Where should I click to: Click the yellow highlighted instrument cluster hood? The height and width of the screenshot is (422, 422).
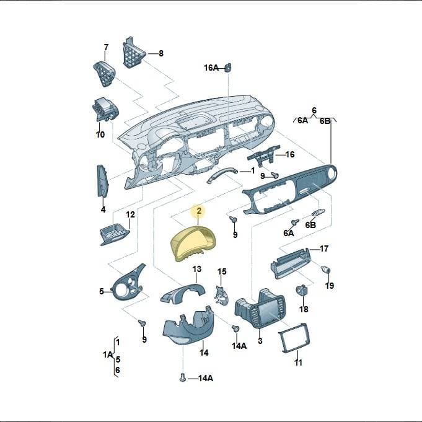[x=191, y=243]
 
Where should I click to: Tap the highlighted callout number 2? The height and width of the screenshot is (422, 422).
[x=199, y=211]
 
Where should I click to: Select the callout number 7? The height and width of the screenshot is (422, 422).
[x=106, y=47]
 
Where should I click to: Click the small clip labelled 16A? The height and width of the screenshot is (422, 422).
[x=229, y=68]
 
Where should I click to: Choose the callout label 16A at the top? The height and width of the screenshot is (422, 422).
[x=211, y=68]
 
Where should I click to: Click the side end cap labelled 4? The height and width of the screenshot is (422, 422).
[x=102, y=181]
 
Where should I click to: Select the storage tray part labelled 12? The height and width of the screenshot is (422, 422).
[x=114, y=234]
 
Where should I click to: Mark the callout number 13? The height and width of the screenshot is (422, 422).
[x=196, y=269]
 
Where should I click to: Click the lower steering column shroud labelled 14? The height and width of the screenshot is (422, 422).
[x=188, y=326]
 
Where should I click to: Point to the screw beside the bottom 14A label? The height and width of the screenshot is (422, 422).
[x=183, y=377]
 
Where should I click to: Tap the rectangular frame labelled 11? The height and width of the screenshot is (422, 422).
[x=294, y=338]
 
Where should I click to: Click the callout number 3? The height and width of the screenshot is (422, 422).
[x=260, y=340]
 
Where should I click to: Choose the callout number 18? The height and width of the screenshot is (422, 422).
[x=304, y=309]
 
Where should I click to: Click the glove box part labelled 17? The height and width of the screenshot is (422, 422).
[x=291, y=264]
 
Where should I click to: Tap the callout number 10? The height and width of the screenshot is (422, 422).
[x=100, y=134]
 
